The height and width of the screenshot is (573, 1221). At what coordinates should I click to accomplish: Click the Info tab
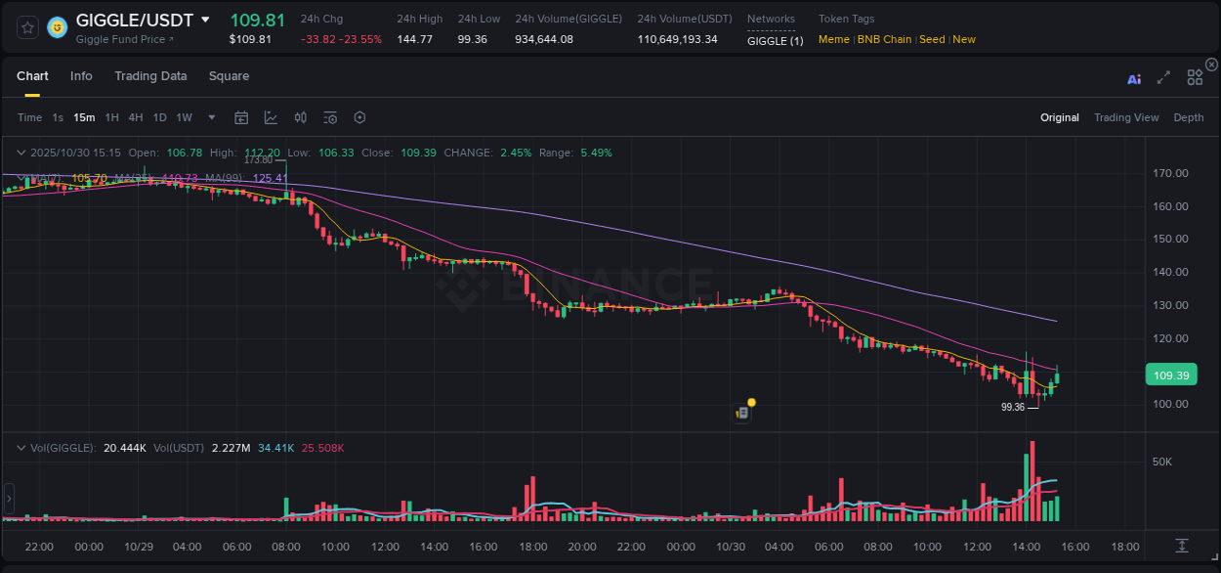[x=81, y=76]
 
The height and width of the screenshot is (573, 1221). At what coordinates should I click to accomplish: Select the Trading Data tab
[x=150, y=76]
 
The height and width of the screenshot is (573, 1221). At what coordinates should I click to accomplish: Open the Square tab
[x=229, y=76]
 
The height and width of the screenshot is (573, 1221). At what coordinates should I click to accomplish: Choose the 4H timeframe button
[x=136, y=117]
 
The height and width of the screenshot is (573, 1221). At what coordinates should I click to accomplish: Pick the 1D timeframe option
[x=159, y=117]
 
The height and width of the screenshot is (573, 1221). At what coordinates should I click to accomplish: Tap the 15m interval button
[x=85, y=117]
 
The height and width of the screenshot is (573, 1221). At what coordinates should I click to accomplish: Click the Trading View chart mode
[x=1125, y=117]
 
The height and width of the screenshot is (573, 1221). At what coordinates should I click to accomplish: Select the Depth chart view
[x=1188, y=117]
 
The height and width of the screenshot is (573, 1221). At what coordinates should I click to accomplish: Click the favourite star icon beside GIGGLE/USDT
[x=27, y=27]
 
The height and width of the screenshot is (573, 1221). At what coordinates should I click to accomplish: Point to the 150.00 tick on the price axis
[x=1171, y=239]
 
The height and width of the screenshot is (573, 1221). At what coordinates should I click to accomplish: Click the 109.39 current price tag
[x=1170, y=375]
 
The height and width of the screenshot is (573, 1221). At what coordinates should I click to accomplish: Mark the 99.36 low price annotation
[x=1013, y=407]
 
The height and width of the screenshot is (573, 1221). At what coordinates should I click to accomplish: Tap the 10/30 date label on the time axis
[x=732, y=547]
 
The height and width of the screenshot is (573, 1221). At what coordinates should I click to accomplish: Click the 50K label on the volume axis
[x=1162, y=462]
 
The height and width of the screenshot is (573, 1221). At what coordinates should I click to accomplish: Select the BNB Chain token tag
[x=884, y=39]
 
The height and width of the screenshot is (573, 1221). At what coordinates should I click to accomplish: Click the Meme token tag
[x=833, y=39]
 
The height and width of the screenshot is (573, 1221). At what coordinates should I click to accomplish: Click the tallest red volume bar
[x=1032, y=480]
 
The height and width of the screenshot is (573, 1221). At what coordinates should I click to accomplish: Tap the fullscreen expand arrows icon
[x=1163, y=78]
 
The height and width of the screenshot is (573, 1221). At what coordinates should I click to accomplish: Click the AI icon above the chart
[x=1134, y=79]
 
